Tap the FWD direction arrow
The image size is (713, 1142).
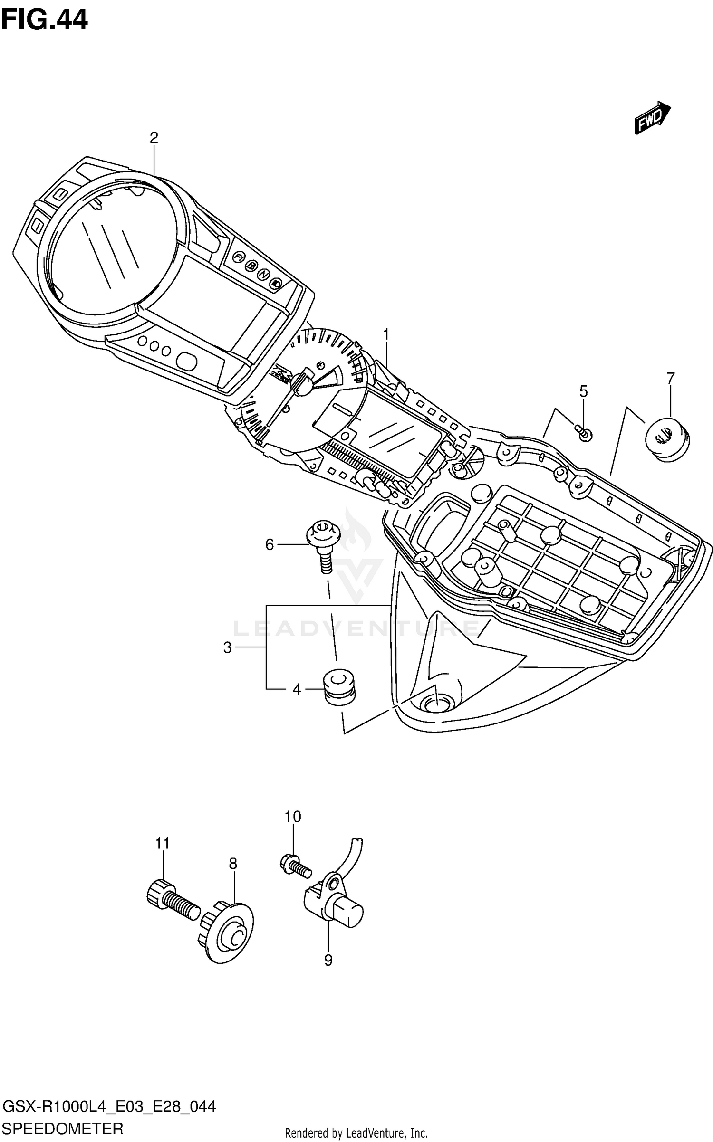pos(652,118)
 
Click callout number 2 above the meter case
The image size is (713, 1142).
pos(154,138)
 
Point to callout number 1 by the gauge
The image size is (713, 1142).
pos(386,335)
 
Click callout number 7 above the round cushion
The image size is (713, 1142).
pos(670,378)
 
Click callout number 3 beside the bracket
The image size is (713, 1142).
pos(227,647)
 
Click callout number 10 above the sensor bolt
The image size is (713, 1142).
pos(293,817)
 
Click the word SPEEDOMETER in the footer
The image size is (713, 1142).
pos(63,1129)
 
